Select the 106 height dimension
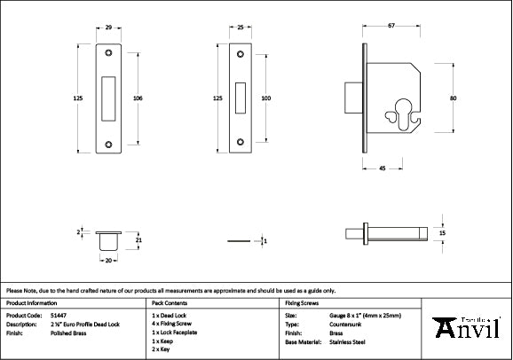tap(138, 98)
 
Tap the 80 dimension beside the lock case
tap(453, 98)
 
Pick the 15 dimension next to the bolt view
tap(442, 232)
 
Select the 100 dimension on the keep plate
tap(265, 98)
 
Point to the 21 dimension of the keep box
tap(138, 239)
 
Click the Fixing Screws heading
tap(300, 302)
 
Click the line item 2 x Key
tap(162, 349)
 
